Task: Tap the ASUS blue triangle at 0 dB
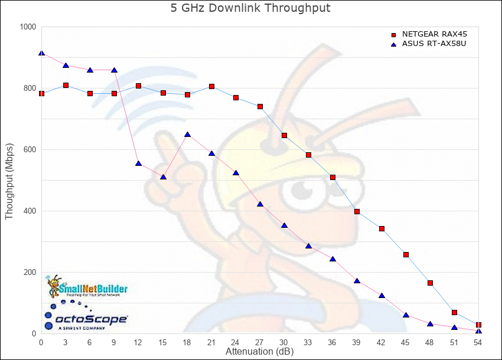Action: pyautogui.click(x=41, y=53)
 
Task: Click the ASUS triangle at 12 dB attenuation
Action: pyautogui.click(x=138, y=163)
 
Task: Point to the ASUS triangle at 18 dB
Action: pyautogui.click(x=187, y=135)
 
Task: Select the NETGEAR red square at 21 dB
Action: pyautogui.click(x=211, y=87)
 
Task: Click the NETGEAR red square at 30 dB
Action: pyautogui.click(x=284, y=136)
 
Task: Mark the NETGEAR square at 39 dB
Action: pyautogui.click(x=357, y=211)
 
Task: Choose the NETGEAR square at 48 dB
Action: pyautogui.click(x=430, y=283)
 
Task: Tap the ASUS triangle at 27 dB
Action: pyautogui.click(x=260, y=204)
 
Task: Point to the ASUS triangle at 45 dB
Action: pyautogui.click(x=406, y=315)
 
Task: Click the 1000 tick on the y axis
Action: pyautogui.click(x=28, y=27)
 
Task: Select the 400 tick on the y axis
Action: pyautogui.click(x=30, y=211)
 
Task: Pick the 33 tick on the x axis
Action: pyautogui.click(x=308, y=342)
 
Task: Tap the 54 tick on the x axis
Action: pyautogui.click(x=478, y=342)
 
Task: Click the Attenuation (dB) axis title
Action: pyautogui.click(x=259, y=352)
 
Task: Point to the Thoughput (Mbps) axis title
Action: pyautogui.click(x=9, y=181)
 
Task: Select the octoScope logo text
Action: pyautogui.click(x=92, y=320)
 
